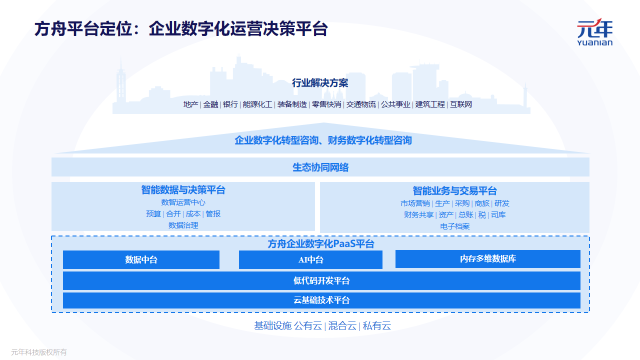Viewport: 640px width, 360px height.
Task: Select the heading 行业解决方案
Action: (320, 83)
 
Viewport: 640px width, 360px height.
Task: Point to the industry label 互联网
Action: (460, 104)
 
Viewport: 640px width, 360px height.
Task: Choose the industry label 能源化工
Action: (258, 104)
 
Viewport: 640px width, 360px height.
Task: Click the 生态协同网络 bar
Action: (320, 167)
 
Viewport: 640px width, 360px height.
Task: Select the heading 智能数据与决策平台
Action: (183, 190)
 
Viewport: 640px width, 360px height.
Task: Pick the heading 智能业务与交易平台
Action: (454, 190)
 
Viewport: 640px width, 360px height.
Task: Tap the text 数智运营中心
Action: (183, 202)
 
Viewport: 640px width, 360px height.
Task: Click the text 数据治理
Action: (183, 226)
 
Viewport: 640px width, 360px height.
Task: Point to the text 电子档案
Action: (454, 226)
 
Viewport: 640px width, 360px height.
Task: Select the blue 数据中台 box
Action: (140, 260)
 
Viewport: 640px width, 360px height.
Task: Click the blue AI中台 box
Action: (310, 260)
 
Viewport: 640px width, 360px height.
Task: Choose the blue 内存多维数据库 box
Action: (487, 260)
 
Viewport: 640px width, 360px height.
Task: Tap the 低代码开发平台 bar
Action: (320, 280)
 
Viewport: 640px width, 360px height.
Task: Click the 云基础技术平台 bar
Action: (320, 300)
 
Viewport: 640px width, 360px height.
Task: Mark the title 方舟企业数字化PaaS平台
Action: (320, 243)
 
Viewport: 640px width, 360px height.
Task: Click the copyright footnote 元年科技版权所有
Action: (39, 351)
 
